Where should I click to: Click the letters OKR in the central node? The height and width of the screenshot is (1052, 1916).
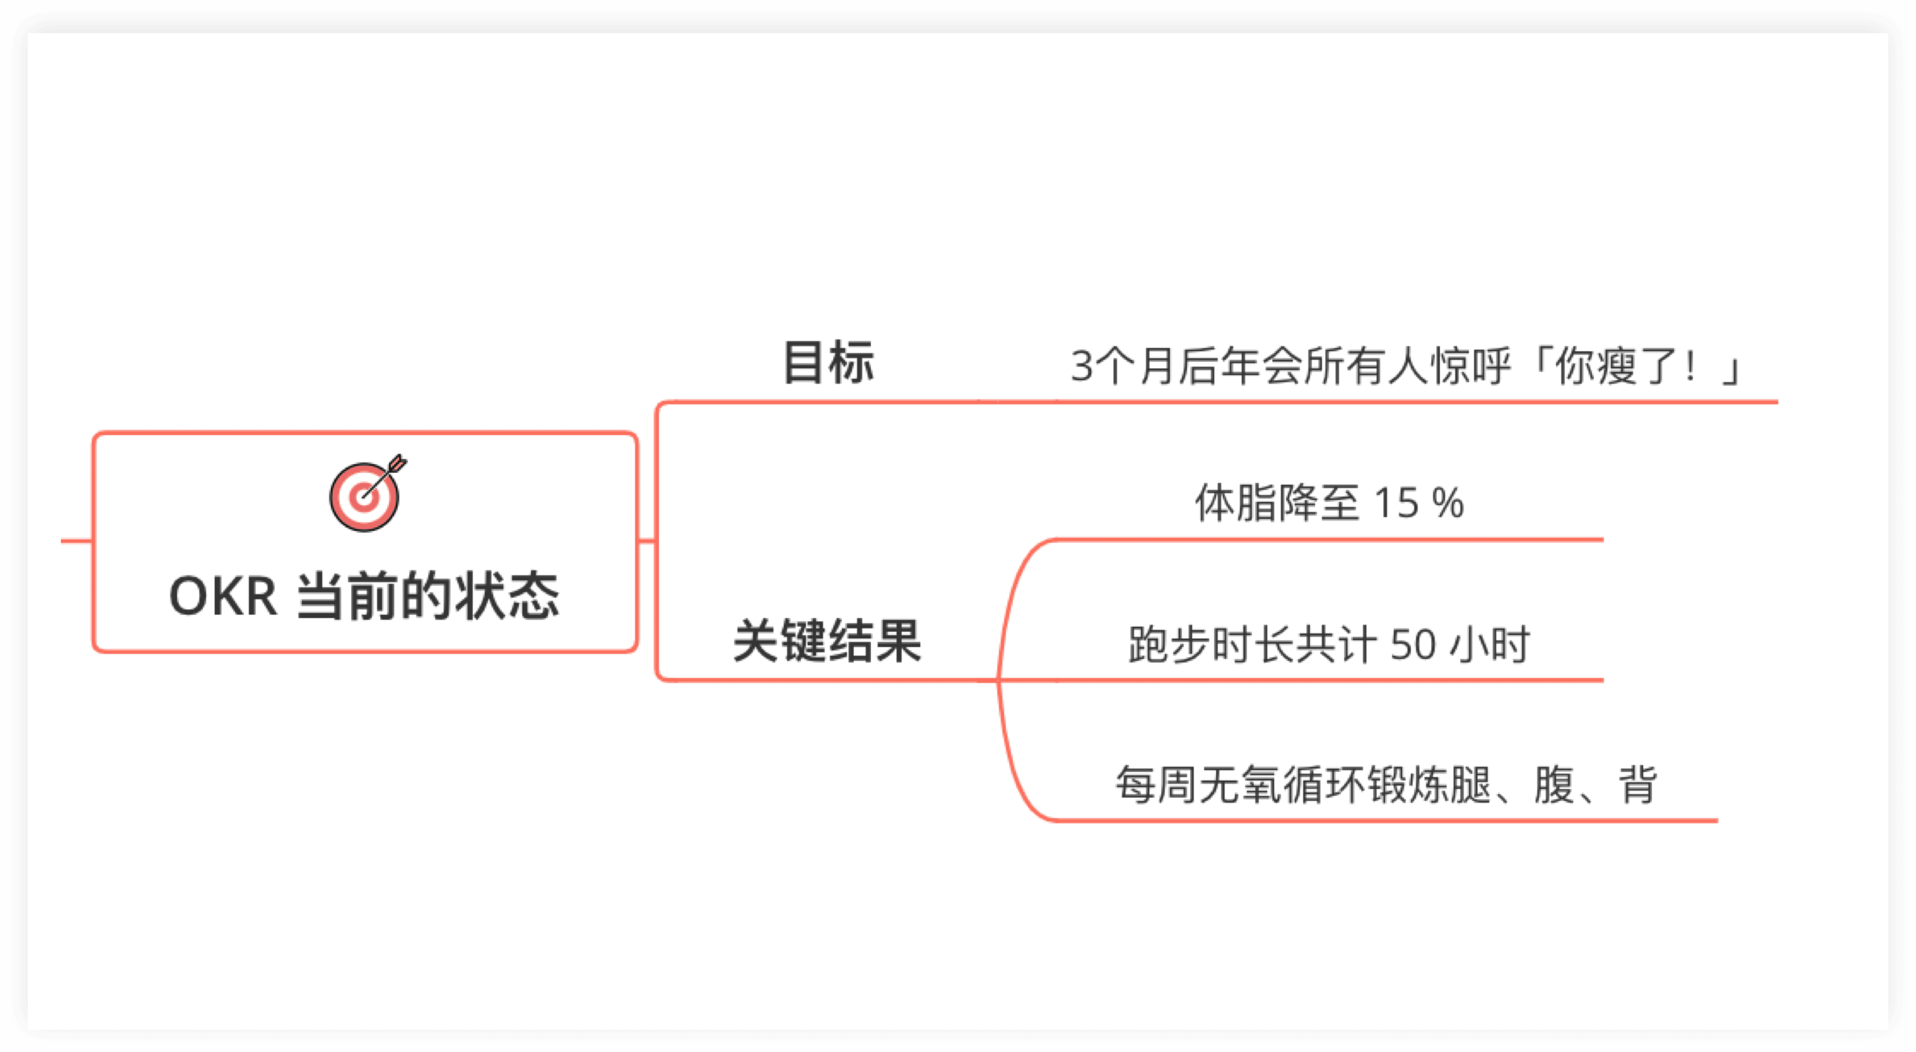coord(223,597)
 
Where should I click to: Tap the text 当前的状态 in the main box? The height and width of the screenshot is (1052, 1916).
coord(428,597)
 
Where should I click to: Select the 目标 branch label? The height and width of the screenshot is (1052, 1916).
coord(828,363)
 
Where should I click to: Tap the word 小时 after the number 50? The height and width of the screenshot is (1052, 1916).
coord(1490,644)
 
